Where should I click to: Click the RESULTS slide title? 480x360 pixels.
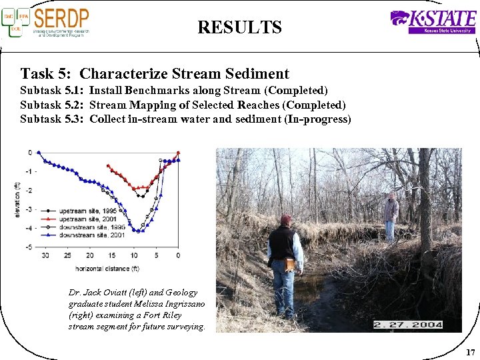tap(239, 27)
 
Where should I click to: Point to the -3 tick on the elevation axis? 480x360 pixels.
tap(28, 209)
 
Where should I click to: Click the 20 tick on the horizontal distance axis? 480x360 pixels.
tap(89, 255)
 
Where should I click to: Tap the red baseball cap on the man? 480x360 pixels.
tap(285, 219)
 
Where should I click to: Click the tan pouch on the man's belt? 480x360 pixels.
tap(290, 265)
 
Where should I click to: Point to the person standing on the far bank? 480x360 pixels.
tap(391, 215)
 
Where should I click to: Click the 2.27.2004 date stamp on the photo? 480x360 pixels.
tap(408, 325)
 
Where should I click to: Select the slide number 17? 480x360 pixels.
tap(470, 352)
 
